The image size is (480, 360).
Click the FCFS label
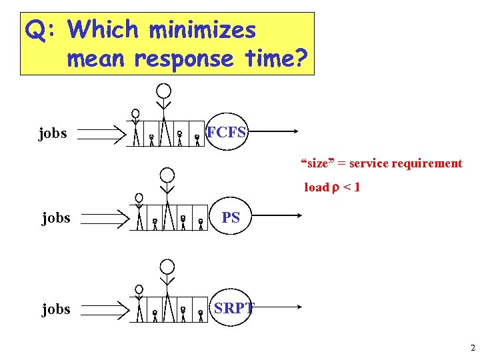coord(227,132)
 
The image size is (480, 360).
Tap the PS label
coord(231,217)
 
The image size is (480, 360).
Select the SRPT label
coord(233,308)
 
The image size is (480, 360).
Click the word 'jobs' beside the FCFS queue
coord(53,133)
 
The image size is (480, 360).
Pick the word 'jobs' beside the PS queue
coord(56,218)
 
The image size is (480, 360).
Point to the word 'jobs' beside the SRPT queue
coord(56,309)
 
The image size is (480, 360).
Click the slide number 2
coord(472,347)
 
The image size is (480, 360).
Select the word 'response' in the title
coord(183,59)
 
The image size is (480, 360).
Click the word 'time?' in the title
coord(274,59)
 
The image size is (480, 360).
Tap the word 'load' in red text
coord(317,187)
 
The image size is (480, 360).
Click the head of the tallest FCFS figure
coord(163,91)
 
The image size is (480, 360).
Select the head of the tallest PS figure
coord(167,175)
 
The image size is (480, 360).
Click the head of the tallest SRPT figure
coord(167,267)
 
